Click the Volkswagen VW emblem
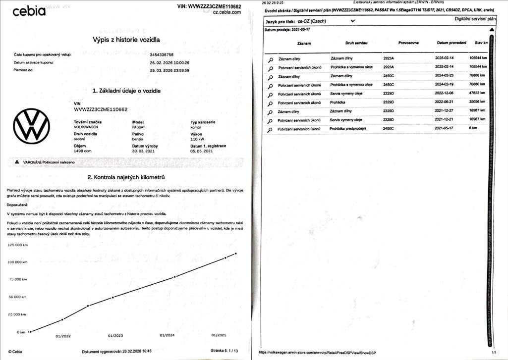pyautogui.click(x=31, y=126)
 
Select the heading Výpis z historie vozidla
pyautogui.click(x=126, y=40)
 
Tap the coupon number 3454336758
pyautogui.click(x=162, y=54)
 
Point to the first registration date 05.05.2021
pyautogui.click(x=202, y=151)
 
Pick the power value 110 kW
pyautogui.click(x=197, y=139)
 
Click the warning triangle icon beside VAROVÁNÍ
pyautogui.click(x=17, y=162)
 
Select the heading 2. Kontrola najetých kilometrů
pyautogui.click(x=126, y=177)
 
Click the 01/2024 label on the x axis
pyautogui.click(x=168, y=335)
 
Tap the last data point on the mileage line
pyautogui.click(x=236, y=254)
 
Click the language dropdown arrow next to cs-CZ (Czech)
pyautogui.click(x=352, y=21)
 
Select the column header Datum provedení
pyautogui.click(x=451, y=43)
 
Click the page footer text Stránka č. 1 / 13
pyautogui.click(x=225, y=351)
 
